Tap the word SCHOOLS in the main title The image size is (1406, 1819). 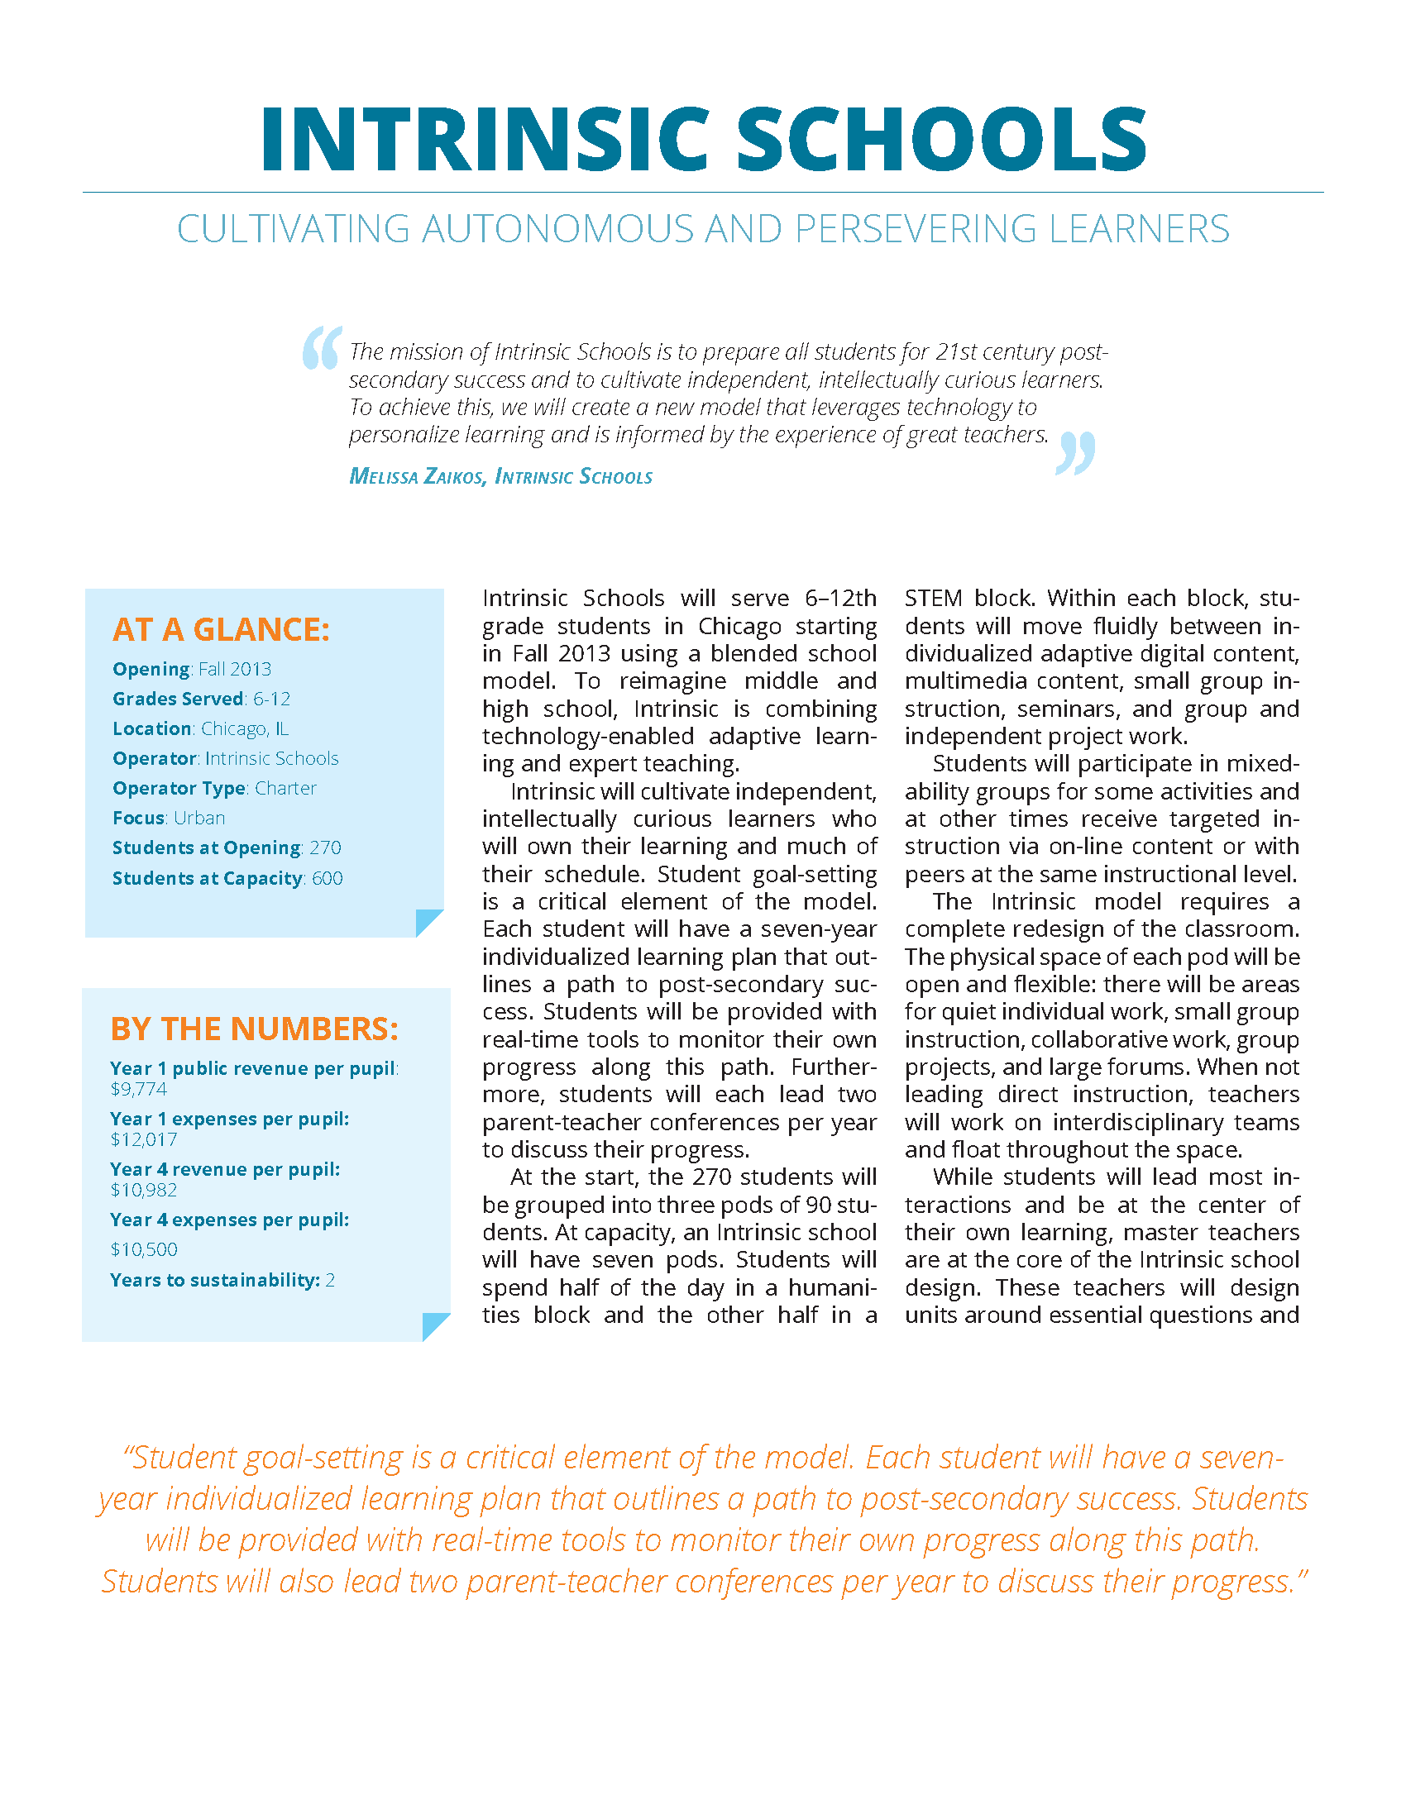click(941, 139)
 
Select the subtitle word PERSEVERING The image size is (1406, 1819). click(916, 229)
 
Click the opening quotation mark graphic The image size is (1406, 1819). click(322, 347)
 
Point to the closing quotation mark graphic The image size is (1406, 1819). click(1075, 454)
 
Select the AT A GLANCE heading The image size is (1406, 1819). click(221, 630)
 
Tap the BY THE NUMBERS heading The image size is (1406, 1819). click(254, 1029)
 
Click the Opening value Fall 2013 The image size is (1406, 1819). click(235, 670)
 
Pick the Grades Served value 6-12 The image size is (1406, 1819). click(272, 699)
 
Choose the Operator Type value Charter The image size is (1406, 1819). click(285, 788)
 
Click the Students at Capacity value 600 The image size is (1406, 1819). click(328, 878)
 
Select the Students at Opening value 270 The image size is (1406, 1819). click(326, 847)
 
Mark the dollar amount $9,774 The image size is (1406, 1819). click(139, 1090)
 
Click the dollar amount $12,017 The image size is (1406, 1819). click(143, 1139)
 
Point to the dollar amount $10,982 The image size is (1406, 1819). click(143, 1190)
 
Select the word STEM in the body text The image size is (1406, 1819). click(934, 598)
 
